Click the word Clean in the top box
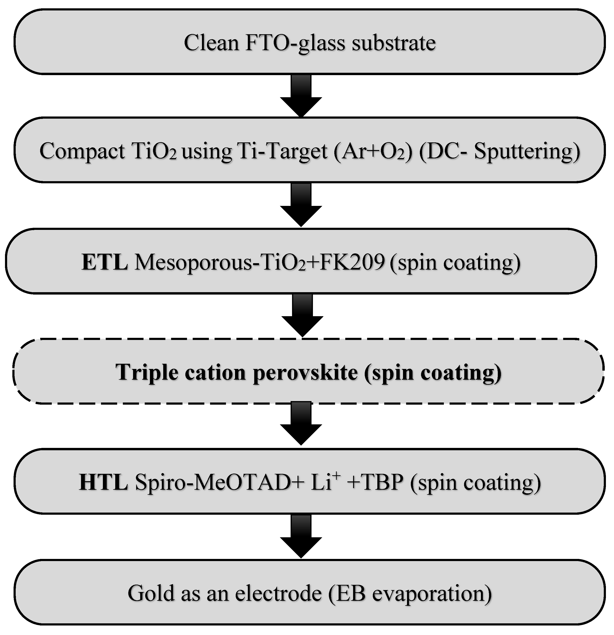(211, 43)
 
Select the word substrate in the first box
(393, 43)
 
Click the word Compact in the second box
(82, 151)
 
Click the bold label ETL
(104, 262)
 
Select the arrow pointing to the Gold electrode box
(301, 536)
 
